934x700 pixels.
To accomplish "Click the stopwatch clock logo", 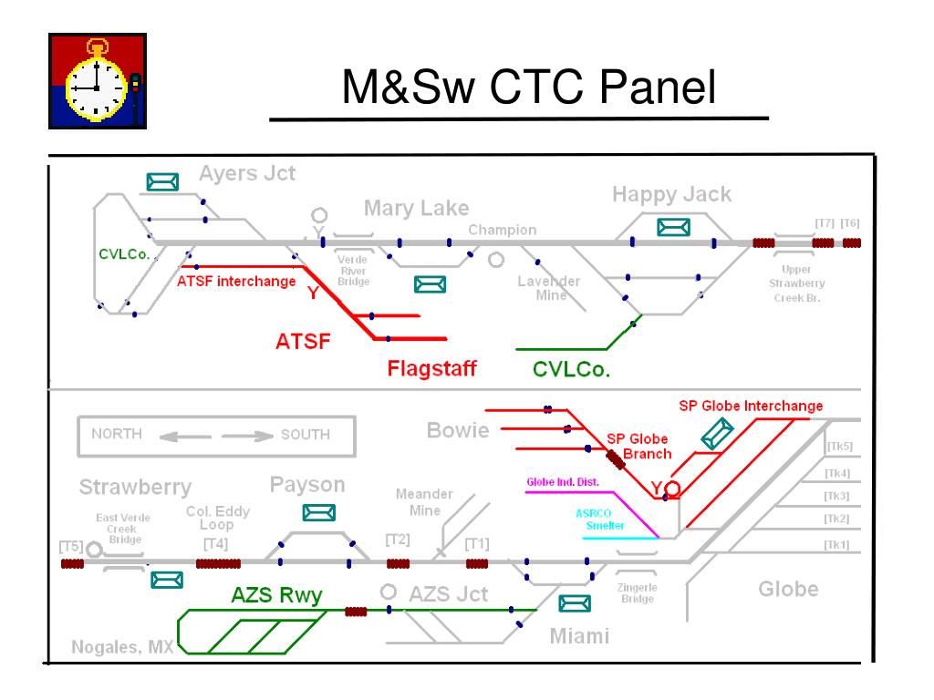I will (96, 79).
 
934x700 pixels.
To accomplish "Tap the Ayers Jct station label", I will (247, 174).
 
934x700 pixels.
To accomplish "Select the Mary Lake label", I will (416, 209).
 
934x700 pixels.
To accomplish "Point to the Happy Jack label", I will (671, 194).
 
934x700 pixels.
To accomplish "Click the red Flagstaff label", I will (432, 369).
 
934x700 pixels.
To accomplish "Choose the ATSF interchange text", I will (236, 281).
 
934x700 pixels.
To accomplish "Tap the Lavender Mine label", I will (548, 288).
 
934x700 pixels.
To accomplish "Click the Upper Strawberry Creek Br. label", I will (798, 283).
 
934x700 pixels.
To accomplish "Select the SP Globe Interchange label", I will (751, 406).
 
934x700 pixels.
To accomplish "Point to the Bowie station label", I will (458, 429).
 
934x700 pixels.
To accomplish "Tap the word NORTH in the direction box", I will (117, 434).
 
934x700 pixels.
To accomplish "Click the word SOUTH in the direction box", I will (306, 435).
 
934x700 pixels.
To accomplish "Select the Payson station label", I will (307, 484).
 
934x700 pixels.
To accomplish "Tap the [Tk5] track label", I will (837, 447).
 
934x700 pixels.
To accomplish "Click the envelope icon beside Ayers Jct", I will (161, 182).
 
